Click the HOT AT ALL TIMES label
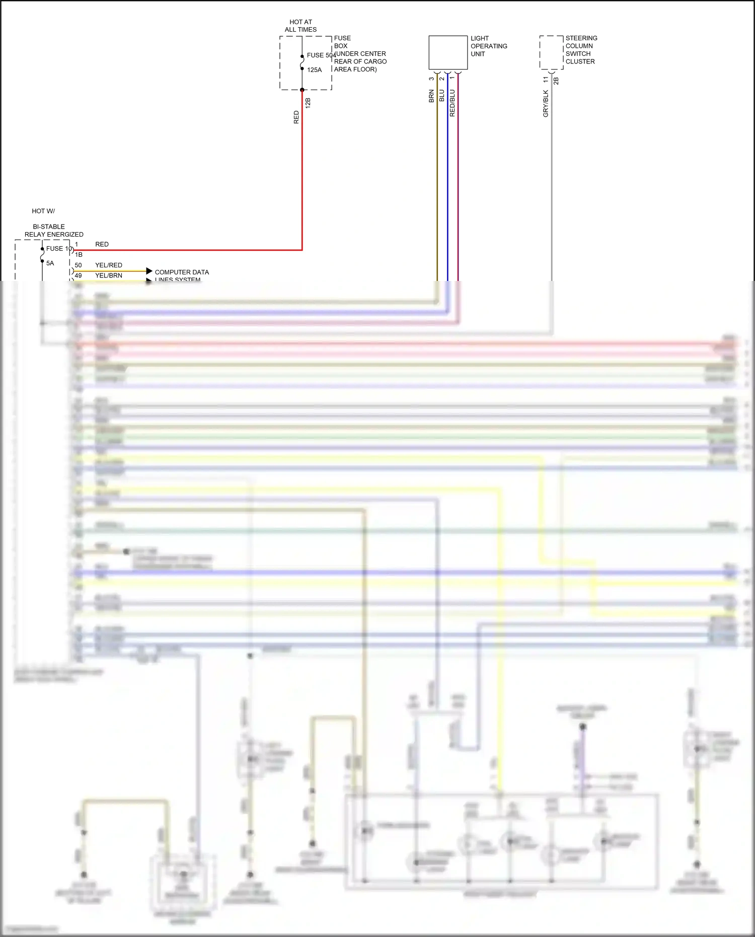tap(300, 26)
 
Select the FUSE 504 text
tap(321, 55)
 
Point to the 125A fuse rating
tap(314, 70)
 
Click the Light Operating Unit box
tap(447, 52)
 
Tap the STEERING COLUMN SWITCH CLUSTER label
tap(581, 50)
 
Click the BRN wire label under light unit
tap(431, 96)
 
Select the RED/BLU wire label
tap(452, 103)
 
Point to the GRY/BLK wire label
tap(546, 104)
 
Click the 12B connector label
tap(308, 103)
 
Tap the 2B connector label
tap(556, 81)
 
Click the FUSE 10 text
tap(59, 249)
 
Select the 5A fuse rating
tap(50, 263)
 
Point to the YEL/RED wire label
tap(109, 265)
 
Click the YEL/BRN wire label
tap(109, 276)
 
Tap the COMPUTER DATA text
tap(182, 272)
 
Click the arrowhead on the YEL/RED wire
tap(149, 271)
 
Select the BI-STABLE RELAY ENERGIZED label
tap(53, 231)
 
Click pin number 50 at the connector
tap(78, 265)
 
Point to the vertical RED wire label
tap(296, 117)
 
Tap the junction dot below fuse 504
tap(302, 90)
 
